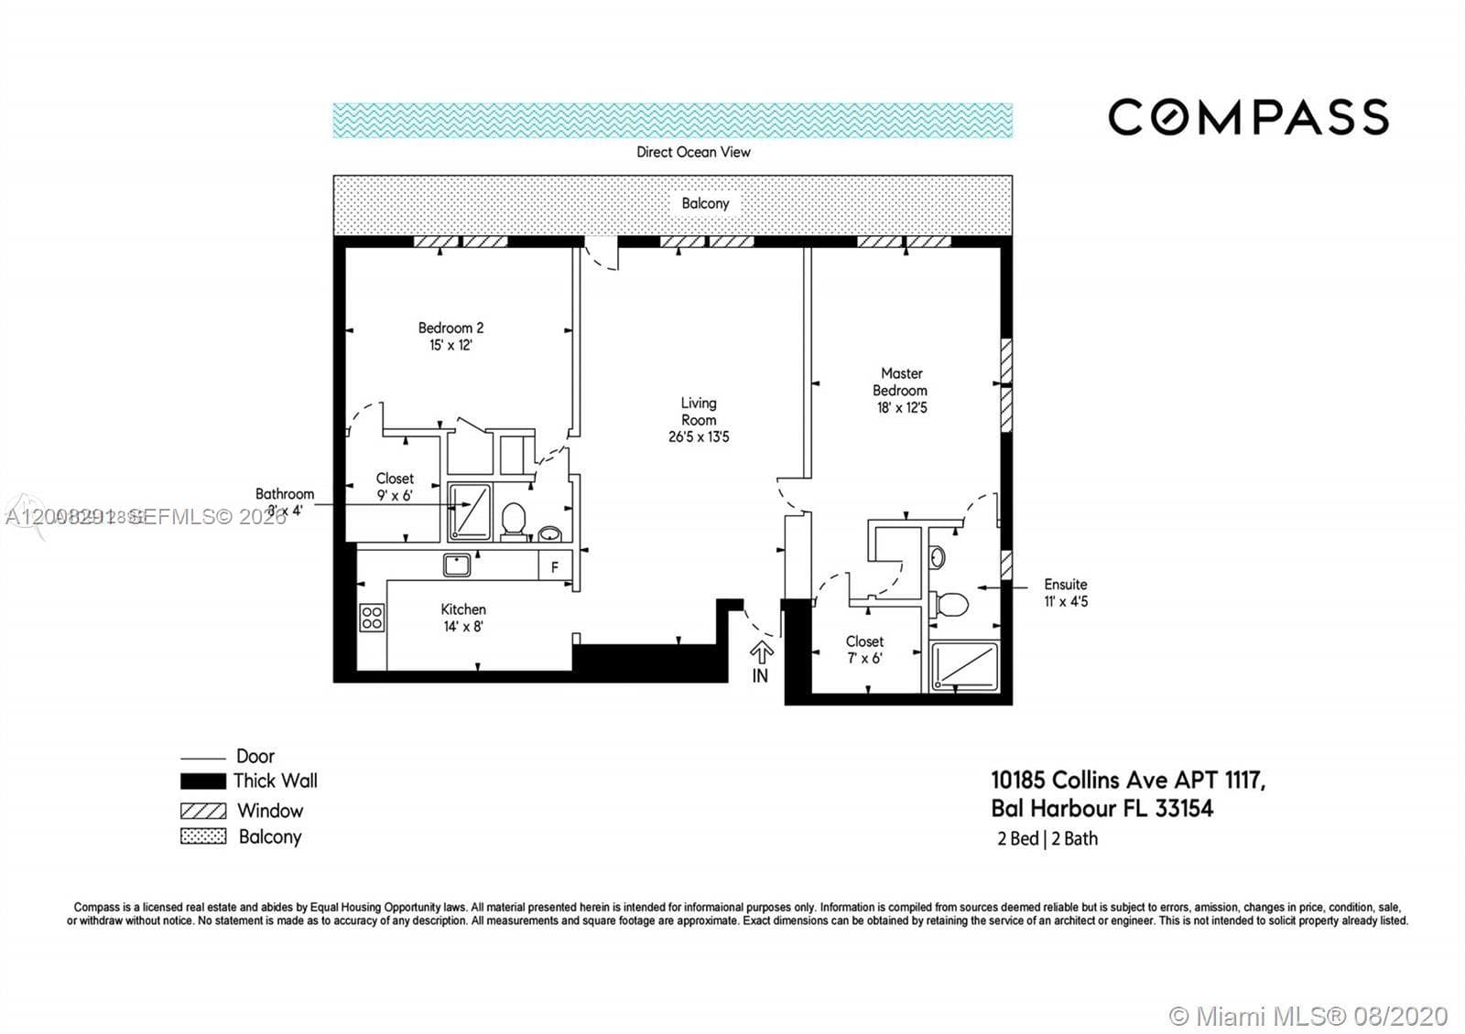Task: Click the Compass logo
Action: [1248, 117]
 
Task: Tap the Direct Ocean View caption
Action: [693, 152]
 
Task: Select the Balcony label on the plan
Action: [705, 203]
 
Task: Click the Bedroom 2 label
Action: [450, 328]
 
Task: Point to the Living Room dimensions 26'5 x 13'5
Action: [699, 437]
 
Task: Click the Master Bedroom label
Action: [901, 382]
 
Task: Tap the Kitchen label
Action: [463, 609]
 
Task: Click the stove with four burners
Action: [372, 618]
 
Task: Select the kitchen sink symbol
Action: [457, 565]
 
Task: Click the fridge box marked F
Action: [555, 567]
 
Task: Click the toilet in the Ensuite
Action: [950, 605]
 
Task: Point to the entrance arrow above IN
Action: [761, 652]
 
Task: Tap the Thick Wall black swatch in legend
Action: [202, 781]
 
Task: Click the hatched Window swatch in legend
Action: [202, 811]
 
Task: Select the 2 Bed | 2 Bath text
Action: [1047, 838]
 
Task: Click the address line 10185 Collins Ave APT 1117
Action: [1128, 781]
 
